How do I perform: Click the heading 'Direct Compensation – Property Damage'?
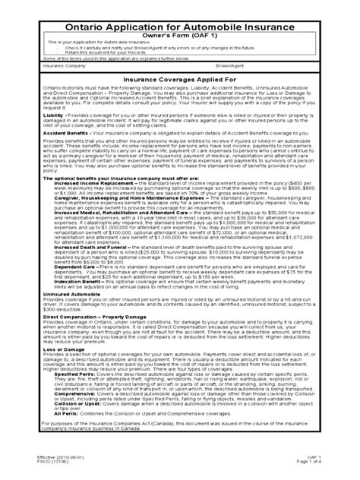pos(81,359)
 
